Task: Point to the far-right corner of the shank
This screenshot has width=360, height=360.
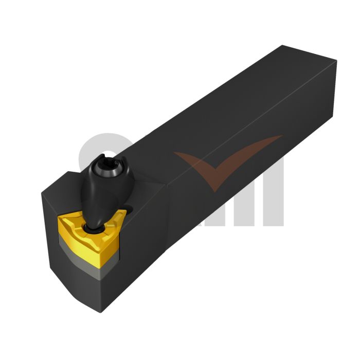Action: click(x=337, y=61)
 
